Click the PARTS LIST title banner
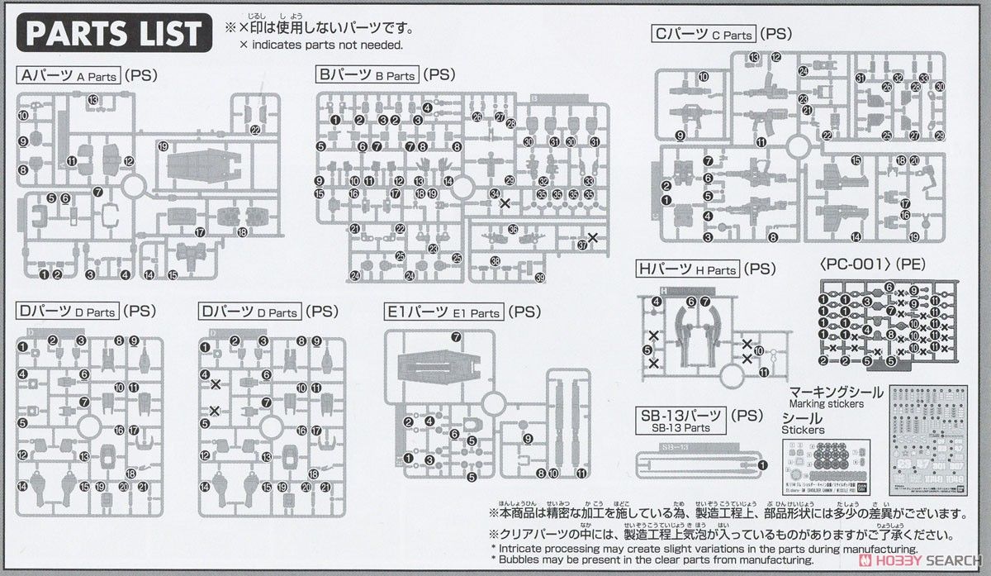114,33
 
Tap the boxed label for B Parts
367,75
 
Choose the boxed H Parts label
686,269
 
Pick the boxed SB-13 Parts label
681,420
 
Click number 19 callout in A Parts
163,146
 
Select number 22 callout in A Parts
255,130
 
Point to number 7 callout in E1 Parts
456,336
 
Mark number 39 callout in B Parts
539,277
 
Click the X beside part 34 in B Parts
505,202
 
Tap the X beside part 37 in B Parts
592,238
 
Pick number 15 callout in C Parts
856,160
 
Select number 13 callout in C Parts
754,57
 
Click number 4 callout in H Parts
657,302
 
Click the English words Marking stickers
827,404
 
